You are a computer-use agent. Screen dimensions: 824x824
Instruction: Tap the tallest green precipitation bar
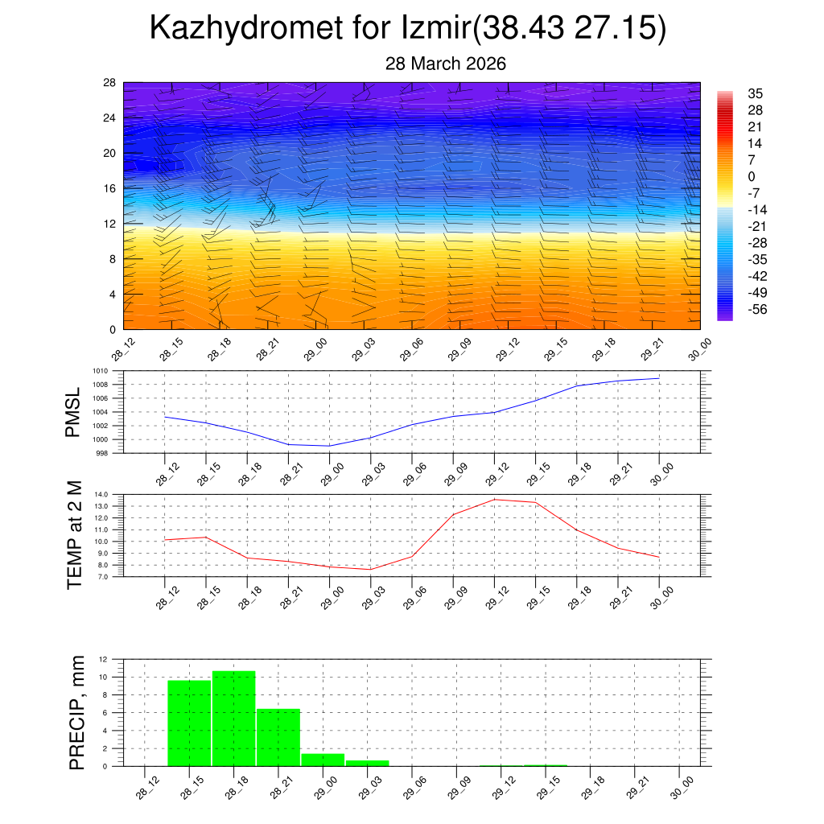tap(234, 718)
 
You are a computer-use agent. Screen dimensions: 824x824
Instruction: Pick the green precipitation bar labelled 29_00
tap(323, 759)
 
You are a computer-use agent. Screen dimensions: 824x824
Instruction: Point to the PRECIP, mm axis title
tap(76, 711)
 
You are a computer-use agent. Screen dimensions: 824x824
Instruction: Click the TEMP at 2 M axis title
tap(75, 535)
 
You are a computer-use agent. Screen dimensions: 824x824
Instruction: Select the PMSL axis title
tap(73, 413)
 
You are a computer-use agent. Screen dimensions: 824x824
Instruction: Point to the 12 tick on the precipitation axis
tap(103, 659)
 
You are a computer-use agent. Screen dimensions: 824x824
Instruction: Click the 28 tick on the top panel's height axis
tap(109, 83)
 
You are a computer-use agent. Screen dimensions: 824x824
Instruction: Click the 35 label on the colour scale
tap(755, 93)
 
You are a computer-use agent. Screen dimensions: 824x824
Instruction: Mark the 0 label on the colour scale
tap(752, 176)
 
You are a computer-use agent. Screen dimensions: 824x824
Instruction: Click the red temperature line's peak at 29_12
tap(494, 500)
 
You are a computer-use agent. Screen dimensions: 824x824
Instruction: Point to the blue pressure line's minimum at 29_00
tap(329, 446)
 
